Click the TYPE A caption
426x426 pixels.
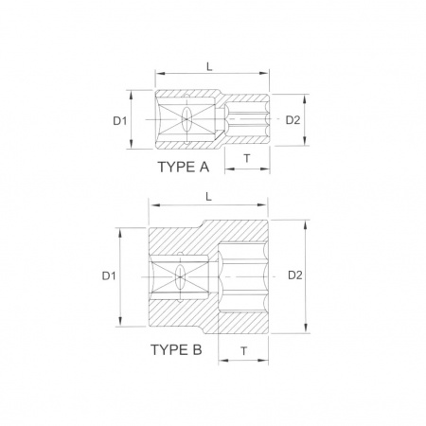click(x=184, y=167)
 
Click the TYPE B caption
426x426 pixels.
click(x=176, y=350)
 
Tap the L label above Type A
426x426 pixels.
click(x=209, y=66)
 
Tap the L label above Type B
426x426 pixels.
click(x=208, y=197)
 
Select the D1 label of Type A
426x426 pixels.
click(x=119, y=120)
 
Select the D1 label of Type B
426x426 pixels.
click(x=109, y=276)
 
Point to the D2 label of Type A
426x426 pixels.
click(x=293, y=120)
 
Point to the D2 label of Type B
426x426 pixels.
click(x=295, y=275)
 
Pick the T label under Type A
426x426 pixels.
click(x=247, y=158)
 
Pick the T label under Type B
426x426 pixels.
click(x=244, y=351)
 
